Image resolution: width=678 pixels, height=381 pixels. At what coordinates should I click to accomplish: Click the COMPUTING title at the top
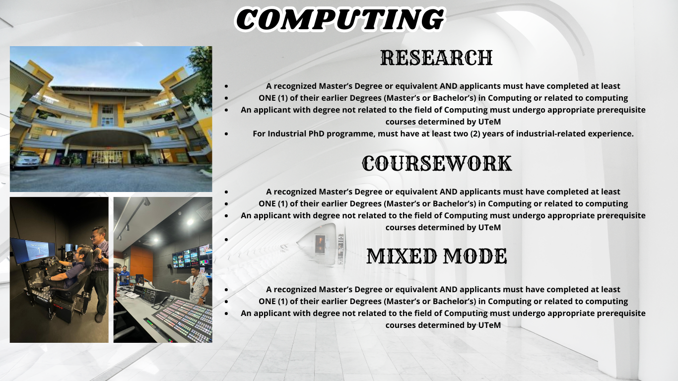pos(339,19)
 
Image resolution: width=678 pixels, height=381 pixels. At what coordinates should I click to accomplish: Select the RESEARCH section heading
pos(436,58)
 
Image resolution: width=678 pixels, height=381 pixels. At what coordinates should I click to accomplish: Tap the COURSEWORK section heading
pos(437,164)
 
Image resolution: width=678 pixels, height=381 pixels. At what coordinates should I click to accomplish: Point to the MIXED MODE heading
pos(437,256)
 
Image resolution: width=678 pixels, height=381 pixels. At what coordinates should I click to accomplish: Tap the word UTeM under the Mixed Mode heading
pos(489,325)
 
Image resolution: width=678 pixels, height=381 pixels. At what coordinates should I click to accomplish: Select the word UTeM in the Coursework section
pos(489,227)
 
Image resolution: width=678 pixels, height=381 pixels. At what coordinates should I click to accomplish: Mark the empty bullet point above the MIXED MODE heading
pos(226,239)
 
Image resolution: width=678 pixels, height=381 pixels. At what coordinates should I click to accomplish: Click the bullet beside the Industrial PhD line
pos(226,133)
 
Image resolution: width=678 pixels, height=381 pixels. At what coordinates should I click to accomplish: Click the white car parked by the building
pos(25,160)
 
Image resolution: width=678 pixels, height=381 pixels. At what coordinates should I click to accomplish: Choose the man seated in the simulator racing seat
pos(74,270)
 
